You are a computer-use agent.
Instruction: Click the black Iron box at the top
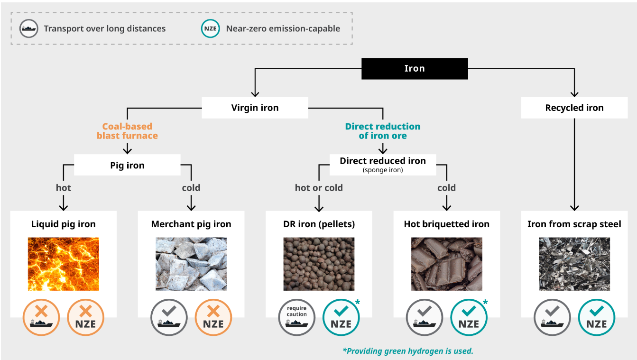[415, 68]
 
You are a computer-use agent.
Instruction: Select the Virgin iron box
[255, 108]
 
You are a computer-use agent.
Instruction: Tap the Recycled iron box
[574, 108]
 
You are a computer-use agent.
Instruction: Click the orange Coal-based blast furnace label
[127, 131]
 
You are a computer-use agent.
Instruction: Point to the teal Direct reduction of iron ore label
[382, 131]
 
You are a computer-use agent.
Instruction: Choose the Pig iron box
[127, 166]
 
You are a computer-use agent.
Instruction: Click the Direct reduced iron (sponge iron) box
[382, 164]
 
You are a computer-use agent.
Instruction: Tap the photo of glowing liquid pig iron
[64, 264]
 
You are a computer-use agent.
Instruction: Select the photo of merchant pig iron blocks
[191, 264]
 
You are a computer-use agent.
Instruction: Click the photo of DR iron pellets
[319, 264]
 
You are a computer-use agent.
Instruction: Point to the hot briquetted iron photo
[446, 264]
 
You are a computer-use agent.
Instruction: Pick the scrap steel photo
[574, 264]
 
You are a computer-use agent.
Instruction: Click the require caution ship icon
[296, 317]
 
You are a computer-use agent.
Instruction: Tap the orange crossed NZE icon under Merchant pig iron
[213, 317]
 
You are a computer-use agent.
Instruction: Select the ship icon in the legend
[29, 28]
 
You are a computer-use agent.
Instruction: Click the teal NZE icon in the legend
[210, 28]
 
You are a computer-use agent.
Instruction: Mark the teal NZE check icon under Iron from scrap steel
[596, 317]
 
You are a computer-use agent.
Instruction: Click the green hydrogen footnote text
[408, 351]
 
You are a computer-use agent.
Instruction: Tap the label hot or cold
[319, 188]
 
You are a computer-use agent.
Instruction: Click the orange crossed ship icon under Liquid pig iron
[41, 317]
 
